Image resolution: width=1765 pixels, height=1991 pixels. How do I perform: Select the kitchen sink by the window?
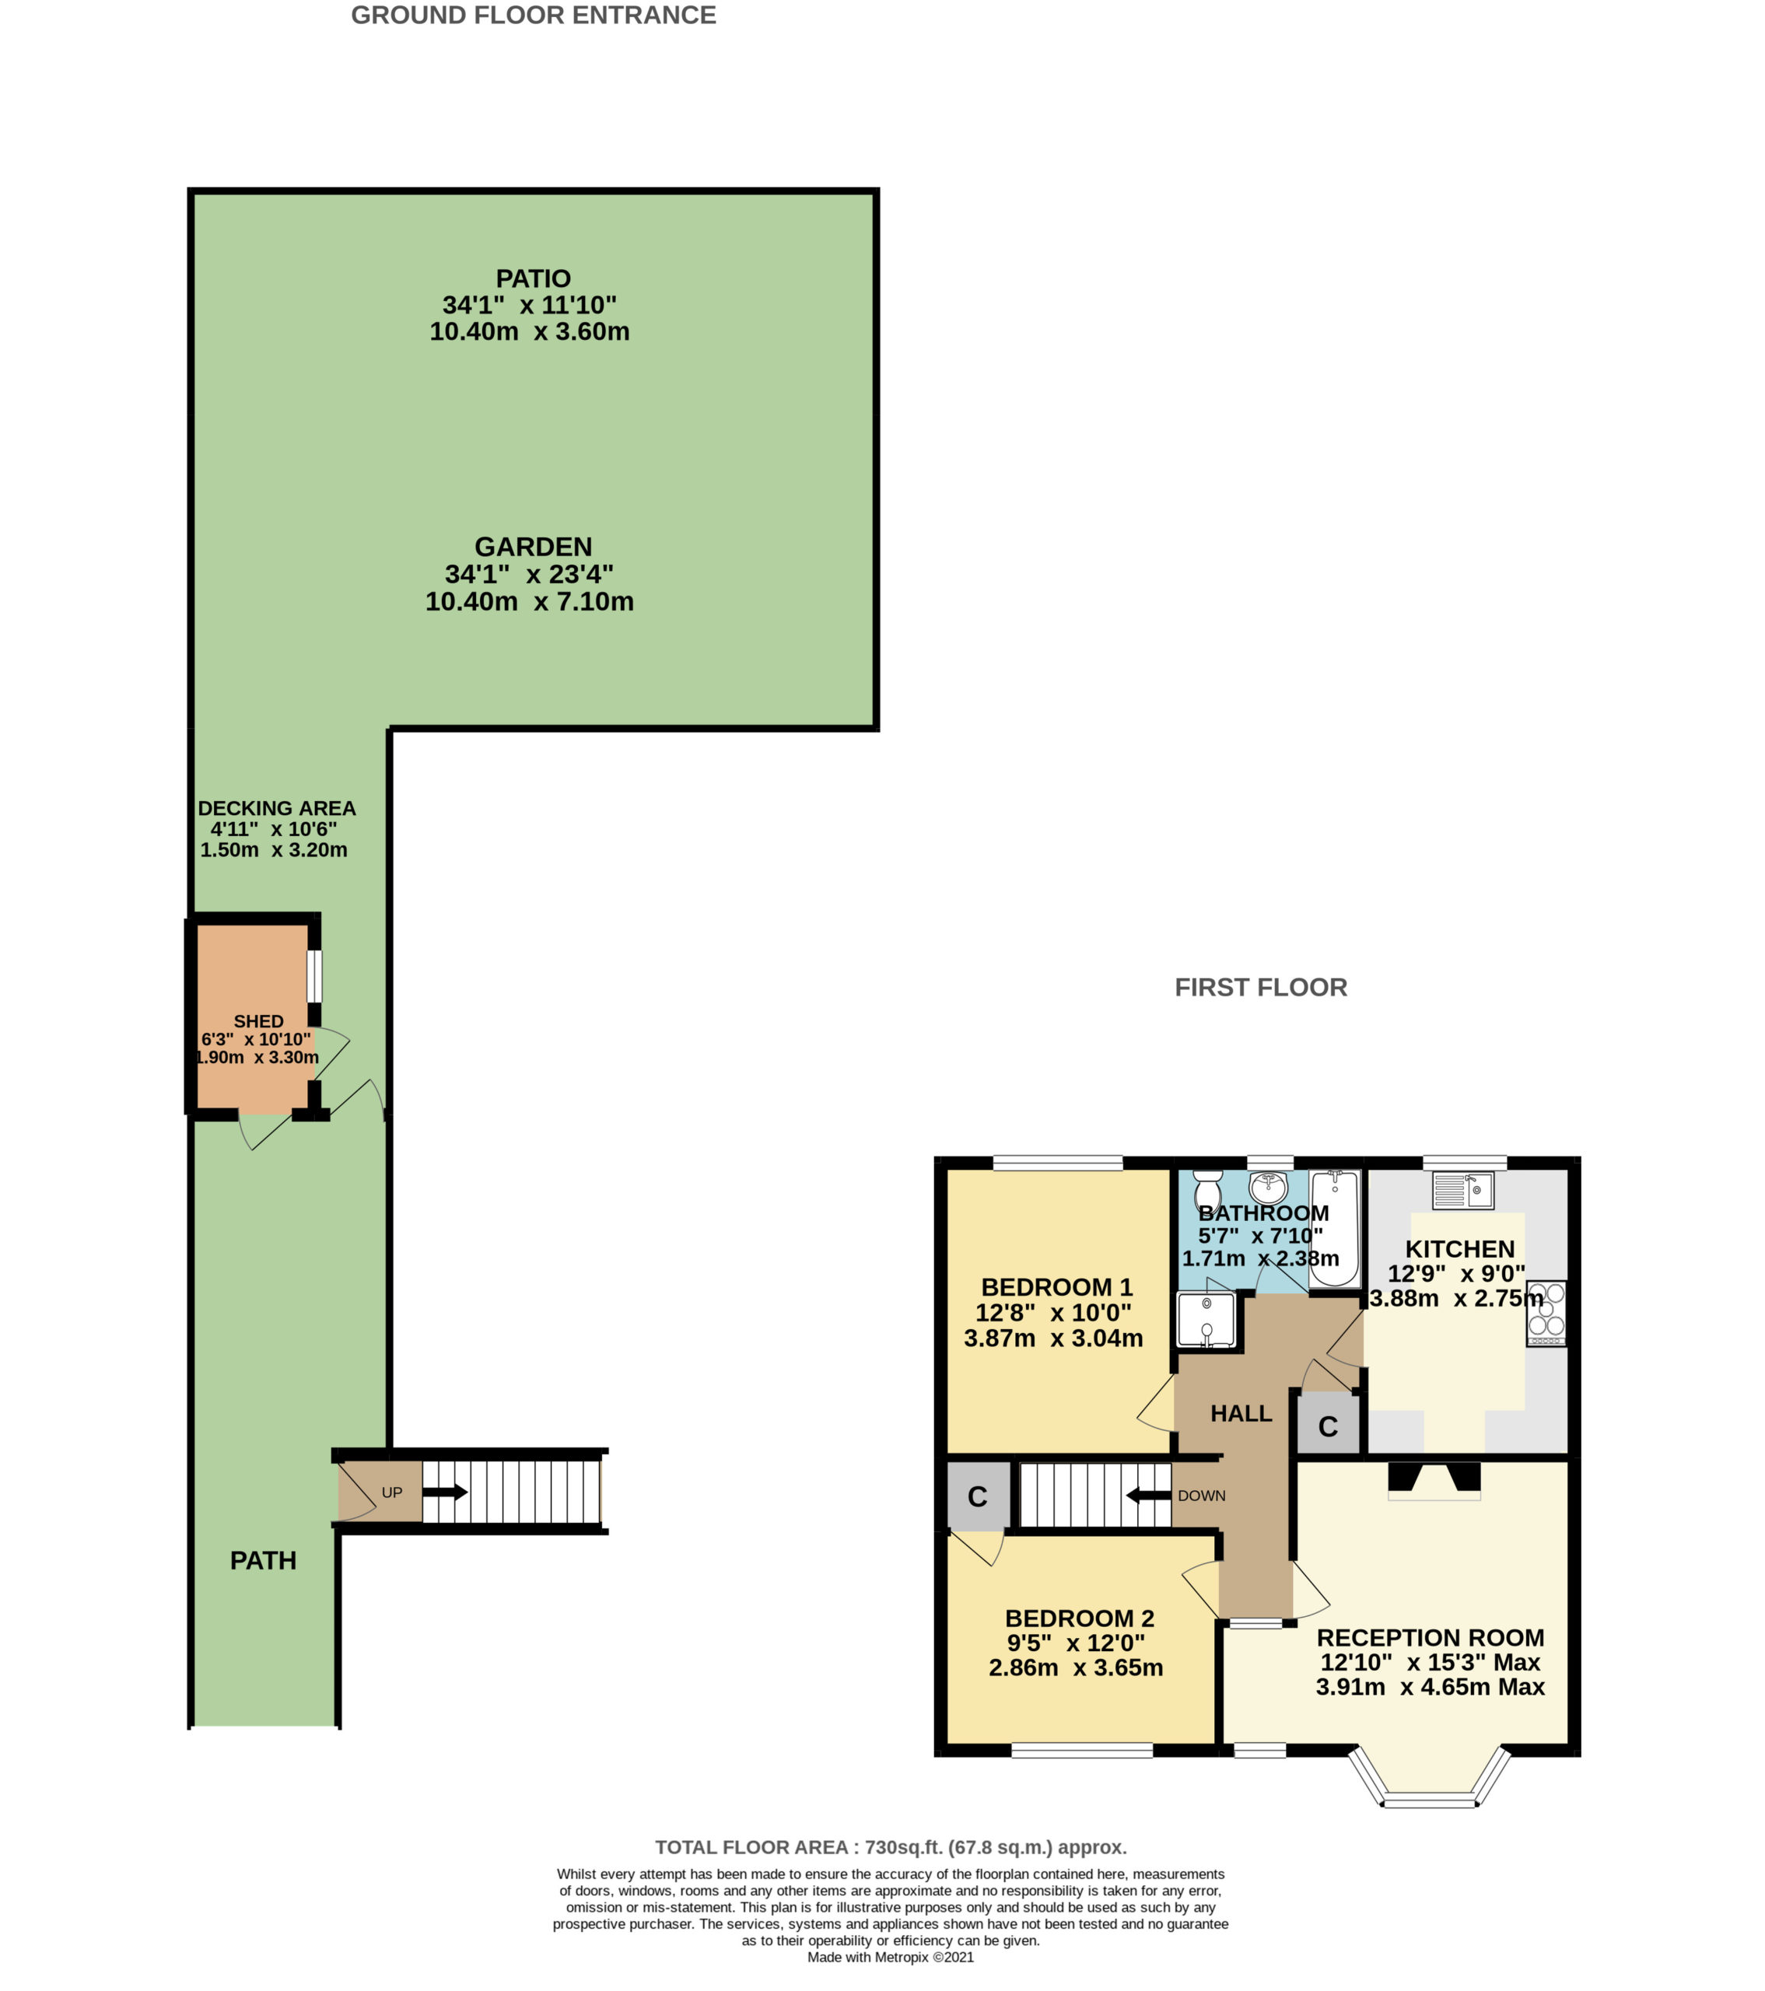1463,1189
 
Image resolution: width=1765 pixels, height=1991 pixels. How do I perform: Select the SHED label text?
258,1021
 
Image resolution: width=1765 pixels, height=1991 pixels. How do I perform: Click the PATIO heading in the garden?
533,278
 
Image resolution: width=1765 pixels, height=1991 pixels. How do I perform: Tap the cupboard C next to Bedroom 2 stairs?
978,1496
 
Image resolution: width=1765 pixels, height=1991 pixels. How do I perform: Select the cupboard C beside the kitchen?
1328,1426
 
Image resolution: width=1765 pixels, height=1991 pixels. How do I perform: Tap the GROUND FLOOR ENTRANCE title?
534,15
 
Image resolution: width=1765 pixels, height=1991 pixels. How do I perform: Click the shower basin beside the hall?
1206,1320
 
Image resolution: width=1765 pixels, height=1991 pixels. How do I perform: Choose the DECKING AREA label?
277,809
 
